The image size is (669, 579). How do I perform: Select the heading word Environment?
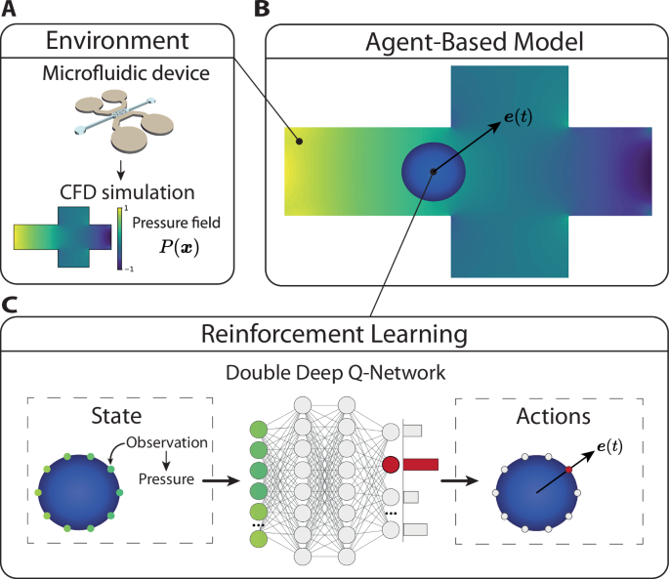[x=116, y=43]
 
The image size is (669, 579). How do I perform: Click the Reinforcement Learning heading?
[x=335, y=333]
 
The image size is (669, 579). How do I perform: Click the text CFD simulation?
[x=117, y=189]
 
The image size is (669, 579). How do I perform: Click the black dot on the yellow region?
[x=300, y=142]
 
